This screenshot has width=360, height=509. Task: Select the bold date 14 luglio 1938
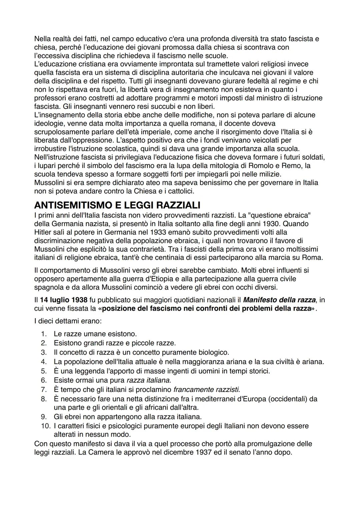click(63, 300)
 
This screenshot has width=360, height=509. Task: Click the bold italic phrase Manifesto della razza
click(279, 300)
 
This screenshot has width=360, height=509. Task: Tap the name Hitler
click(43, 232)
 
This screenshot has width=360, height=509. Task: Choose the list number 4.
click(43, 361)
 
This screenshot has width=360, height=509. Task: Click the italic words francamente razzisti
click(206, 389)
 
